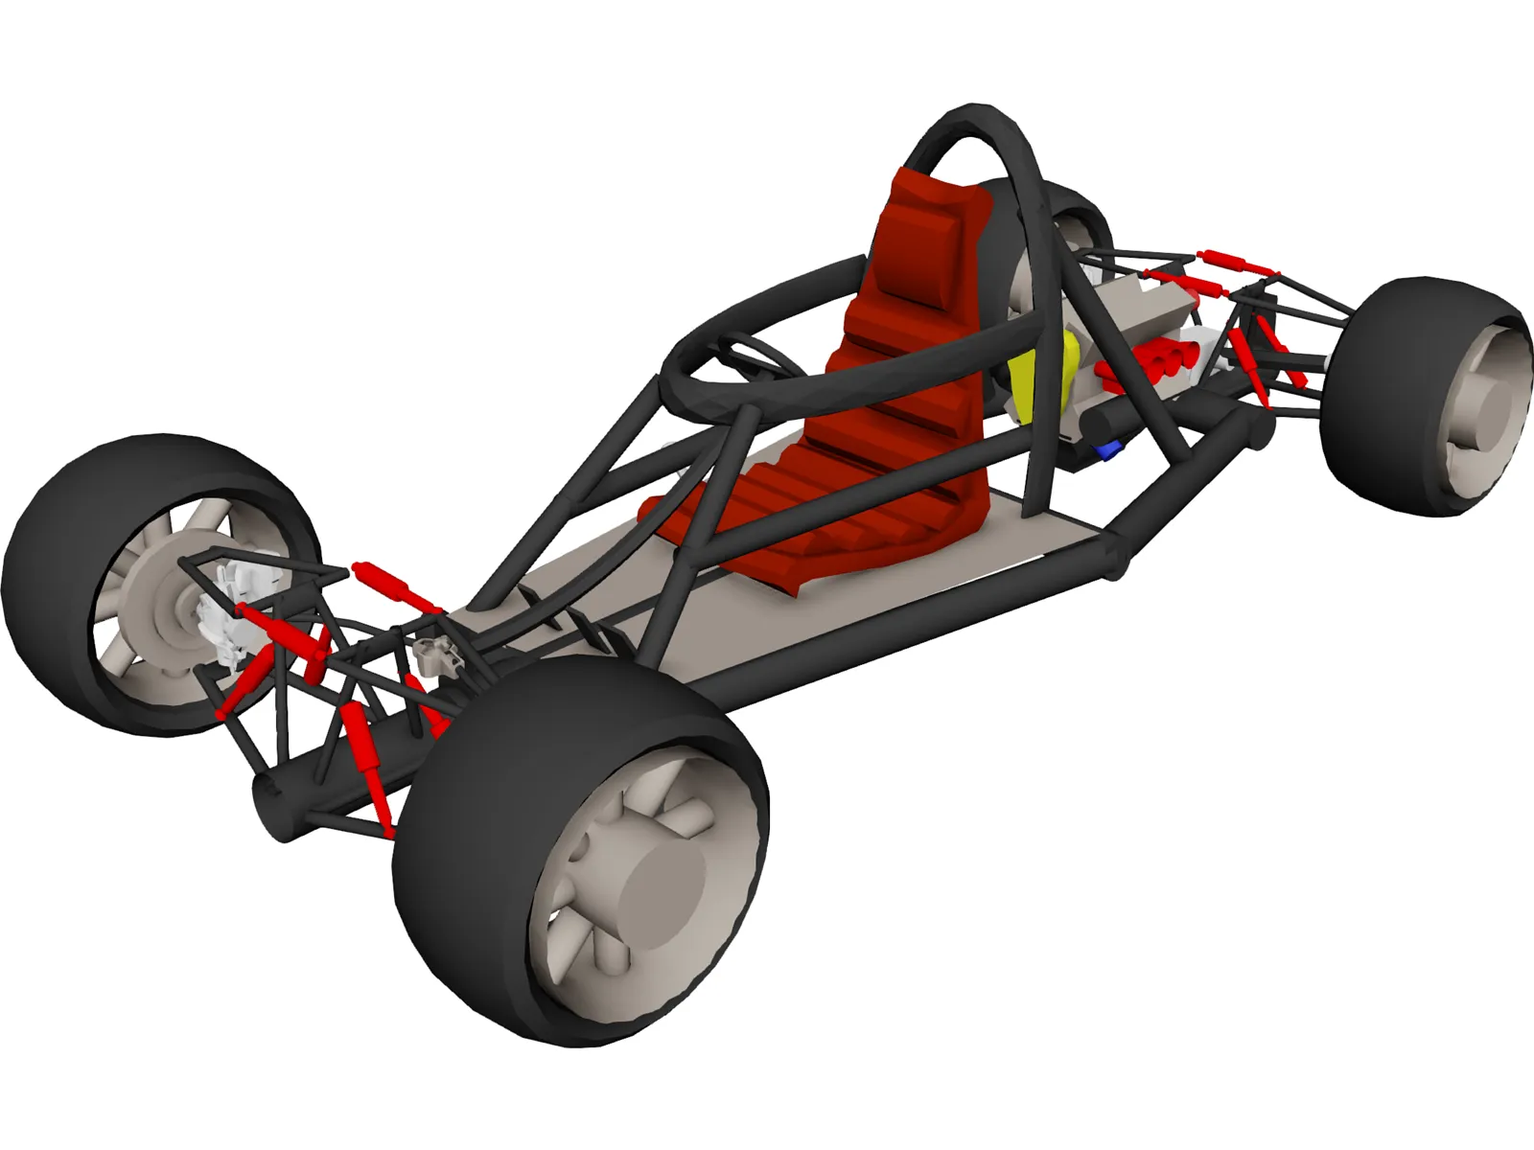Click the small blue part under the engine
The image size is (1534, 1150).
1112,448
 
